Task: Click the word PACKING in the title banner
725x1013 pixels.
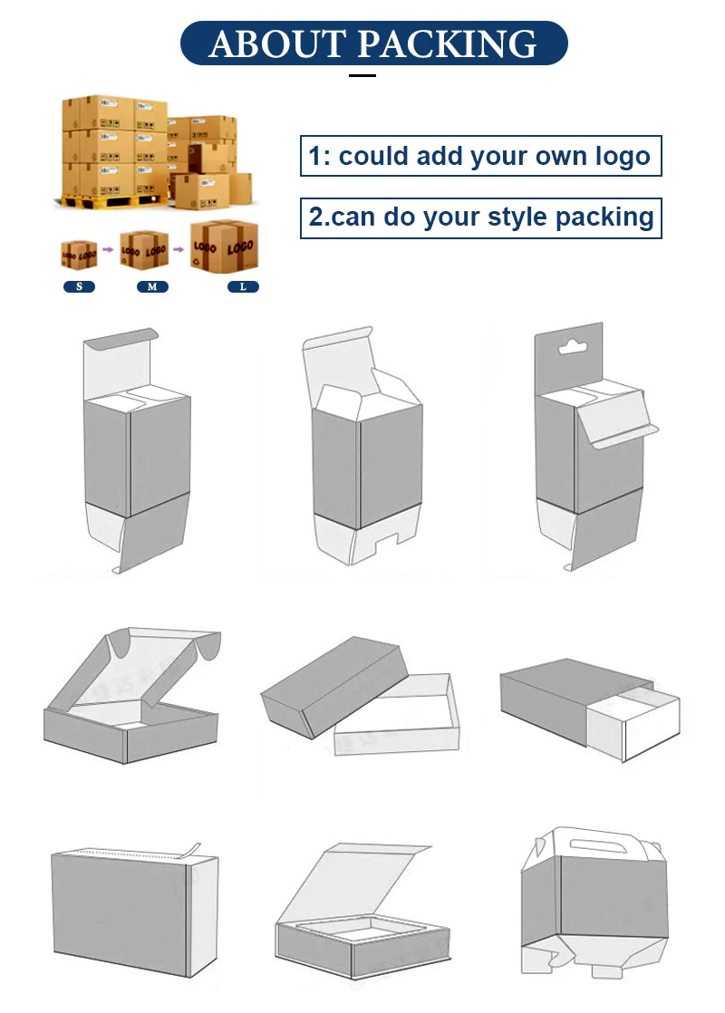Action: [x=447, y=43]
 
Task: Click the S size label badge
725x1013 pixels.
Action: [x=79, y=287]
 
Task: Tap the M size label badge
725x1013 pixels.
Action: [x=152, y=287]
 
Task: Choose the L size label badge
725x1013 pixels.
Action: [x=243, y=287]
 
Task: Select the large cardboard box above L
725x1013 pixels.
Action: [x=224, y=246]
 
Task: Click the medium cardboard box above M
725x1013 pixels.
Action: [x=144, y=250]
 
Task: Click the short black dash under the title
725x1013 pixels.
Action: [x=362, y=75]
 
